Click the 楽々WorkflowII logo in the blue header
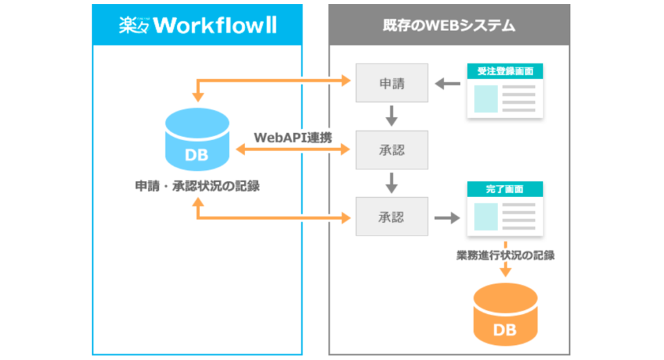[x=197, y=25]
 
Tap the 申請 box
[x=392, y=83]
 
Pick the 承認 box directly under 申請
[x=392, y=150]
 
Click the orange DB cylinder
[x=505, y=317]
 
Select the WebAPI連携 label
[x=293, y=137]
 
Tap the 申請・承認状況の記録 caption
[x=197, y=186]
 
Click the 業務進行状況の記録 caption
[x=505, y=255]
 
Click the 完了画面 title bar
[x=505, y=189]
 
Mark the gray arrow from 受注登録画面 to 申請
[x=447, y=83]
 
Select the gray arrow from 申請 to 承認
[x=392, y=116]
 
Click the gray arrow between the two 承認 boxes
[x=392, y=183]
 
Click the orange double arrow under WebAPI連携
[x=293, y=150]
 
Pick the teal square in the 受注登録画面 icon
[x=486, y=98]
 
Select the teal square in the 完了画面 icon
[x=486, y=216]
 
